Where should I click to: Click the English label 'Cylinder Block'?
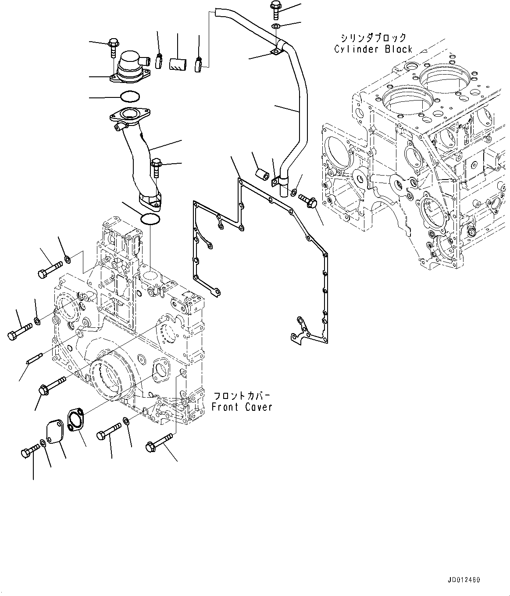coord(373,49)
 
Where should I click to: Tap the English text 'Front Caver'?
coord(242,407)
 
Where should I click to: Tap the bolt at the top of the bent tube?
coord(276,10)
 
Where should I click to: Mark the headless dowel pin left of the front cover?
coord(34,359)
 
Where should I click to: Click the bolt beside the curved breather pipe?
coord(156,169)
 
